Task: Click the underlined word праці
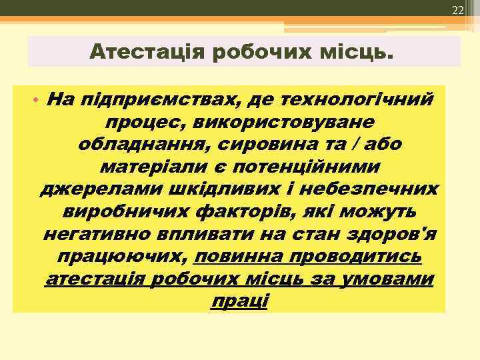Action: pos(239,302)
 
